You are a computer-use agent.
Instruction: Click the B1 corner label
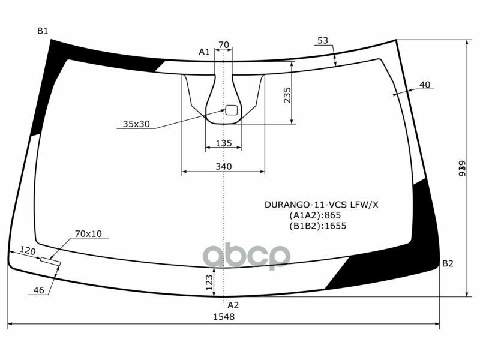[43, 31]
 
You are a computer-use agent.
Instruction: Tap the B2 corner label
[448, 263]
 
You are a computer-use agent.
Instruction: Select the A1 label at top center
[204, 52]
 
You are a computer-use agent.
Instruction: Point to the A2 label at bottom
[233, 304]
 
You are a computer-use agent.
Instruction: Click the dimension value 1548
[223, 317]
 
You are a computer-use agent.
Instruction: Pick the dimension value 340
[223, 166]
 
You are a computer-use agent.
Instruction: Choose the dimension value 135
[223, 143]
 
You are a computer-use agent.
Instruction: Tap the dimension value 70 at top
[223, 45]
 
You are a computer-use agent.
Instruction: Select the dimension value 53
[323, 40]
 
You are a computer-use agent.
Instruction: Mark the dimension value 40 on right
[425, 85]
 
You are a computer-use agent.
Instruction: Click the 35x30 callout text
[136, 124]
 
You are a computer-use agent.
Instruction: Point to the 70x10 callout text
[88, 233]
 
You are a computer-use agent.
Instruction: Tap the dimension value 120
[28, 250]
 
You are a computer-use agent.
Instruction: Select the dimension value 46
[39, 290]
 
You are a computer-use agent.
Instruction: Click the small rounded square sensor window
[231, 110]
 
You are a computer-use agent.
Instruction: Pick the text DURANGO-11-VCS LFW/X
[322, 204]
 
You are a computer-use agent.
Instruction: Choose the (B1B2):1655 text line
[317, 226]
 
